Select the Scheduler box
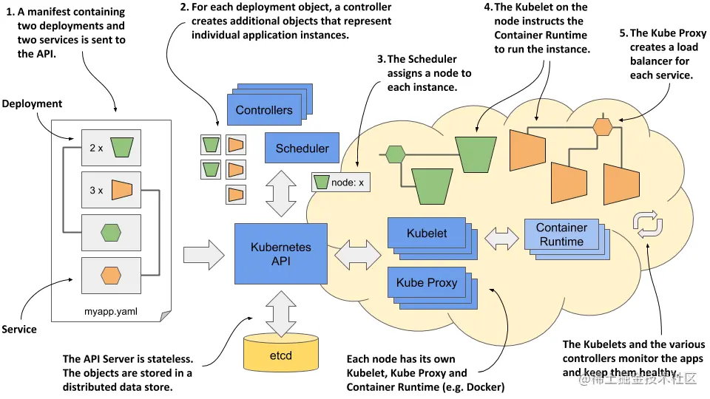click(302, 148)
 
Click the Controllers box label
click(264, 110)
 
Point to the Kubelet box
click(427, 233)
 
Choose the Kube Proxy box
click(427, 282)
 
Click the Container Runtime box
click(561, 234)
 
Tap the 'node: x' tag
click(340, 181)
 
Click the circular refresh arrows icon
click(646, 223)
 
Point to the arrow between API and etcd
click(282, 313)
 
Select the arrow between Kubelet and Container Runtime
click(501, 237)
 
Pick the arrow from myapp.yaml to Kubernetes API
click(203, 254)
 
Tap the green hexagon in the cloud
click(395, 154)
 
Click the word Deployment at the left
click(32, 104)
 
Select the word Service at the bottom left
click(19, 329)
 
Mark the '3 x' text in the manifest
click(96, 190)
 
